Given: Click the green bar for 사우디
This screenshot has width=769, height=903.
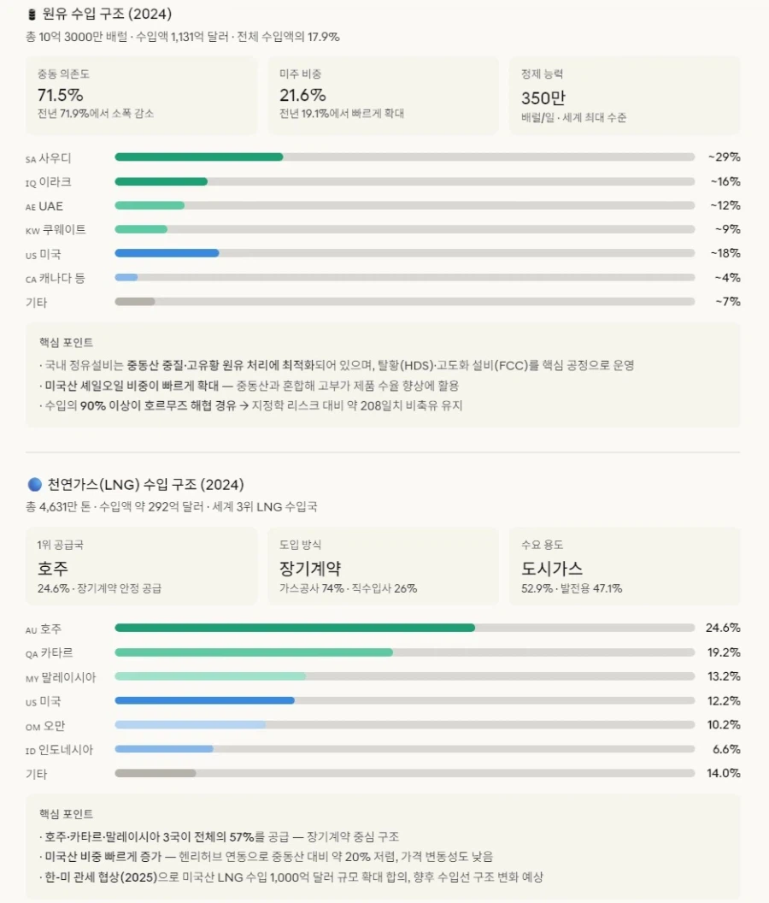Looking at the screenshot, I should [198, 157].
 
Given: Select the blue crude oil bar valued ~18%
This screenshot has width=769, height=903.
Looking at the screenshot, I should [167, 253].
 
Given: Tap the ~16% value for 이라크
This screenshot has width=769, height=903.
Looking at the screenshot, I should [724, 181].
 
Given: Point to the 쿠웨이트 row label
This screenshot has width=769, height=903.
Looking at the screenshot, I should [56, 229].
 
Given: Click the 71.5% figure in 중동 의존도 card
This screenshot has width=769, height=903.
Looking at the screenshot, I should [60, 95].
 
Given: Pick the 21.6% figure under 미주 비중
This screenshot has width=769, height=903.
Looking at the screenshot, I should [302, 95].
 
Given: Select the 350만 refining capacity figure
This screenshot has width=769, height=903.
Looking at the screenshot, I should [543, 97].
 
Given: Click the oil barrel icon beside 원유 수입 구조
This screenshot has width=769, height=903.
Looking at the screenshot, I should [32, 14].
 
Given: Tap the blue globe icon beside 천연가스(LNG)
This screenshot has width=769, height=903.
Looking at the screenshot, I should [34, 484].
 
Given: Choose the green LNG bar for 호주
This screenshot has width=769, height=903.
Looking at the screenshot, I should [295, 628].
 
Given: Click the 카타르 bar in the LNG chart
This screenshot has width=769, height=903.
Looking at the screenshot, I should [254, 652].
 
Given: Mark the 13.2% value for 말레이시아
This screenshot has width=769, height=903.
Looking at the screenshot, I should [723, 676].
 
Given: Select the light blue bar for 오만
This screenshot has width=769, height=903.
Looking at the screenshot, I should [190, 724].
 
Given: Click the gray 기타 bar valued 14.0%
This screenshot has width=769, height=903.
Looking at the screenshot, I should [156, 773].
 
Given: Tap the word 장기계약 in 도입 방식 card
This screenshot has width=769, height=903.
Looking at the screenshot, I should [310, 568].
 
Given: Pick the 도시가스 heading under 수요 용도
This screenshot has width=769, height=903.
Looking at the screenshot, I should [552, 568].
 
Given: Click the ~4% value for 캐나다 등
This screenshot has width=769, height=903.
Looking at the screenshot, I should [727, 277].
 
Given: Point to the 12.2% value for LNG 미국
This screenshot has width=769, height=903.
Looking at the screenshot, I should [723, 700].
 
